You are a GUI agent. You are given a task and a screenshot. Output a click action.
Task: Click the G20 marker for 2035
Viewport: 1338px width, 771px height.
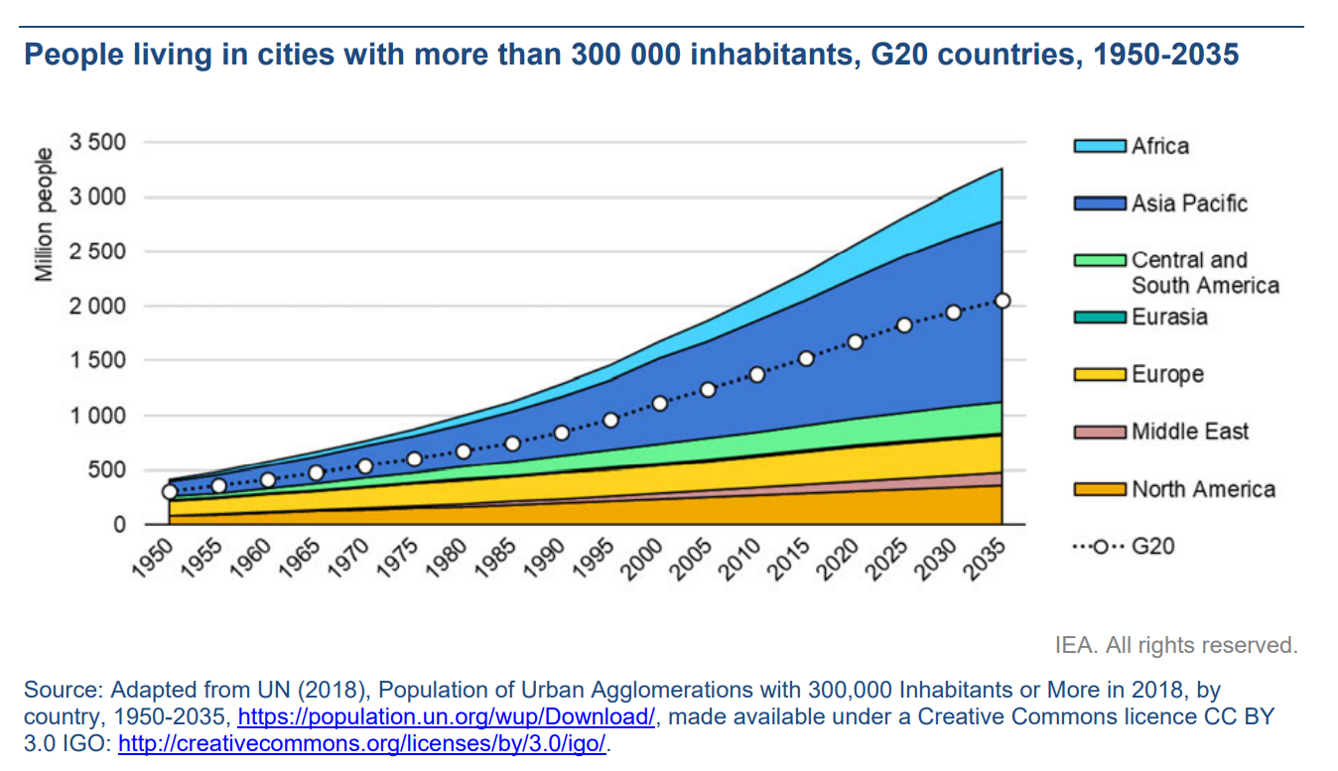pyautogui.click(x=1002, y=301)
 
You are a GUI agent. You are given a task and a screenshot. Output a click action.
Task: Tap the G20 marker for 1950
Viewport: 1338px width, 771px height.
pyautogui.click(x=170, y=491)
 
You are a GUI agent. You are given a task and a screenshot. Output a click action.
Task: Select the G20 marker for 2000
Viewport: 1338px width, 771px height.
pyautogui.click(x=659, y=404)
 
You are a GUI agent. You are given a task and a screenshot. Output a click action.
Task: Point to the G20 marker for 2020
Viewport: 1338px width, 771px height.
pyautogui.click(x=855, y=342)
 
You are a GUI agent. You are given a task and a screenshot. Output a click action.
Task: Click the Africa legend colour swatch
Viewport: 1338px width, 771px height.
pyautogui.click(x=1100, y=146)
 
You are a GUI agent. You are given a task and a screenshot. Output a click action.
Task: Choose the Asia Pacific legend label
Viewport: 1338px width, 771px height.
pyautogui.click(x=1189, y=203)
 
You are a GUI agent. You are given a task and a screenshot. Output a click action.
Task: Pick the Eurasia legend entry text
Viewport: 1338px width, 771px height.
pyautogui.click(x=1169, y=318)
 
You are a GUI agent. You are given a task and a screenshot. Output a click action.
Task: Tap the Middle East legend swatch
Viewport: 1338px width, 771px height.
pyautogui.click(x=1100, y=432)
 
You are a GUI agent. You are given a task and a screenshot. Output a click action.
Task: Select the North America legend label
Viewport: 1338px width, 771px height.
pyautogui.click(x=1203, y=489)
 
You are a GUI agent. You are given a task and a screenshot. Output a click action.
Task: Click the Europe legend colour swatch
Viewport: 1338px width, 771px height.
pyautogui.click(x=1100, y=375)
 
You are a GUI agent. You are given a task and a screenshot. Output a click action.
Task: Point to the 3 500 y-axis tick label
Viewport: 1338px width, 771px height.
pyautogui.click(x=97, y=142)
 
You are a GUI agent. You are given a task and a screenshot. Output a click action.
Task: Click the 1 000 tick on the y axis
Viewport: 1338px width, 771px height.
pyautogui.click(x=97, y=415)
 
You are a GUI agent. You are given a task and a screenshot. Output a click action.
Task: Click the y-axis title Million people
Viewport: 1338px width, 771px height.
pyautogui.click(x=44, y=214)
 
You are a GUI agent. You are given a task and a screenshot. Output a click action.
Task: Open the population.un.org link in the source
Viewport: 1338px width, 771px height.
pyautogui.click(x=447, y=716)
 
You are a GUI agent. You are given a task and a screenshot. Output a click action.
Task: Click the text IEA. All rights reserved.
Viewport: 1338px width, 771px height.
pyautogui.click(x=1175, y=646)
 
